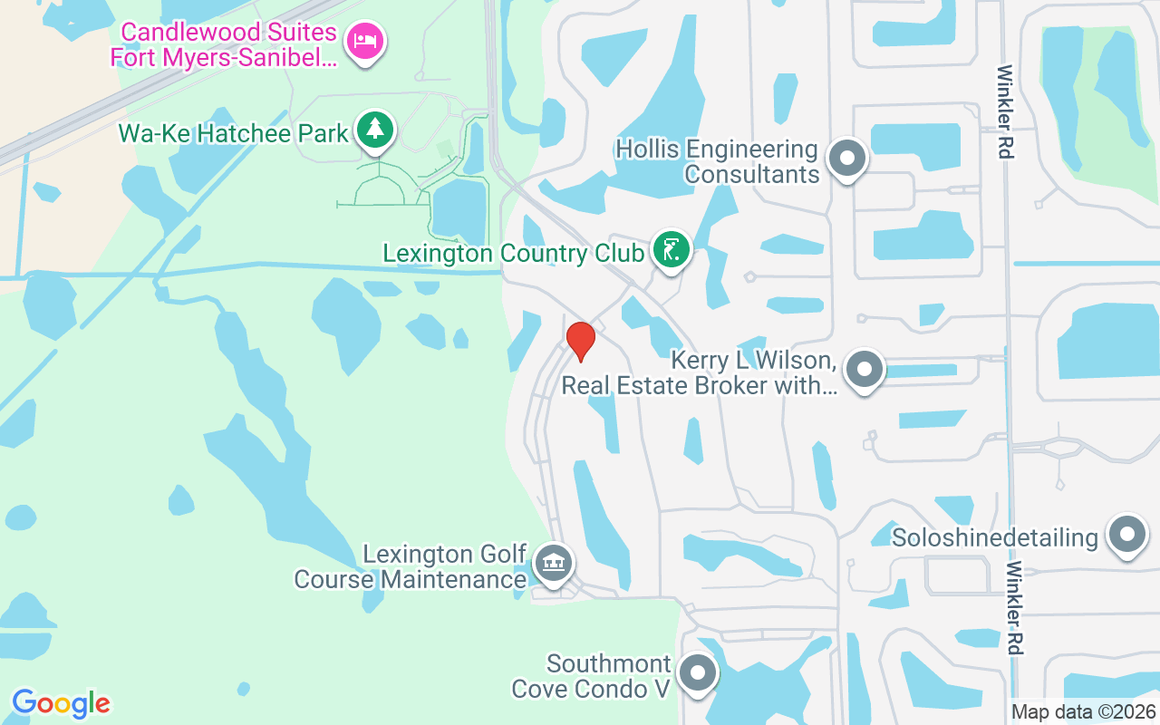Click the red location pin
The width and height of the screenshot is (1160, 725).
tap(580, 341)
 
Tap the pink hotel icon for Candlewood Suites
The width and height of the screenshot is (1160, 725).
tap(366, 42)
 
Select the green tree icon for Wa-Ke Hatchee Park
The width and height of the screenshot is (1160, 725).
tap(372, 130)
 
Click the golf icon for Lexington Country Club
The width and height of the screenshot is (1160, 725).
tap(671, 249)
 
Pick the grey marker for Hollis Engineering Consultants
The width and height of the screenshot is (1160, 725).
tap(847, 159)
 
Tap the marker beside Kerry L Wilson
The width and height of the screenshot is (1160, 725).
tap(864, 370)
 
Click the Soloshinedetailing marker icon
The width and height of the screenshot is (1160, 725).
tap(1127, 535)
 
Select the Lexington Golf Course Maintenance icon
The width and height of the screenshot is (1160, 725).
tap(552, 563)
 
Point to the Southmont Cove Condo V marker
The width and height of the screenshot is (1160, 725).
tap(698, 673)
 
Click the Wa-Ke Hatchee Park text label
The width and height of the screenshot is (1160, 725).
tap(233, 134)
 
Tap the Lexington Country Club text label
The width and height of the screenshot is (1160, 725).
tap(513, 253)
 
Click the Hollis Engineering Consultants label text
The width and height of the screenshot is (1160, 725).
tap(716, 161)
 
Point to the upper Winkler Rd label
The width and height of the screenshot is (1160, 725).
tap(1004, 111)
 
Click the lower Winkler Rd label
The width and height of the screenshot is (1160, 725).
tap(1016, 607)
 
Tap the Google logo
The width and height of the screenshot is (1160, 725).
tap(61, 703)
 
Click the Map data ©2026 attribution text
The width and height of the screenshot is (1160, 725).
tap(1083, 712)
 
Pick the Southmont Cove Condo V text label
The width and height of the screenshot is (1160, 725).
tap(591, 677)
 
